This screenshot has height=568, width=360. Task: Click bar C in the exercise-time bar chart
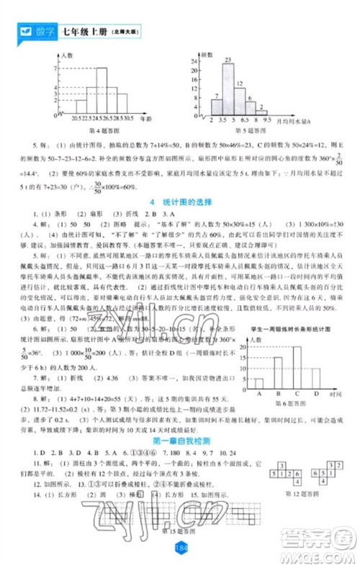pyautogui.click(x=296, y=367)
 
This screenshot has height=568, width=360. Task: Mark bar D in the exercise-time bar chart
pyautogui.click(x=315, y=378)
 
